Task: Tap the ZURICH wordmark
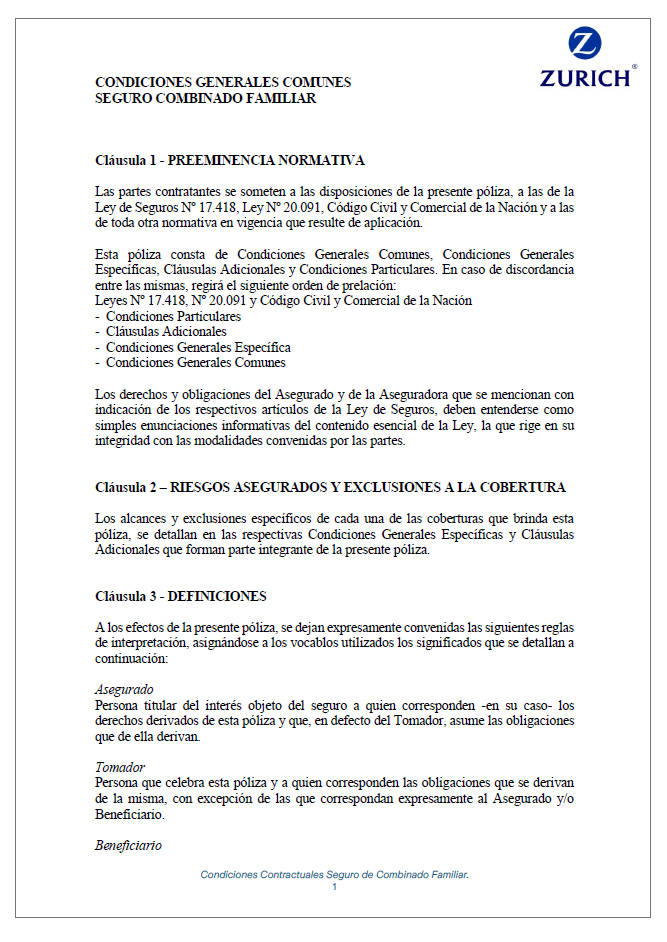[x=586, y=78]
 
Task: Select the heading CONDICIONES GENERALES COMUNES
[x=222, y=83]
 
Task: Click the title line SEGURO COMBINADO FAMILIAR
[x=205, y=99]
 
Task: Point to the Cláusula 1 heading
[x=229, y=160]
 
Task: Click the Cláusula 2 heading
[x=330, y=487]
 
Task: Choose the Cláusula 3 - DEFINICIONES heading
[x=180, y=597]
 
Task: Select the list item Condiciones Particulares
[x=173, y=316]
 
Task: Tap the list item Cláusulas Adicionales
[x=166, y=331]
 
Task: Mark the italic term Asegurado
[x=124, y=689]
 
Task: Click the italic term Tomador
[x=120, y=766]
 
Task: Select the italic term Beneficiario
[x=128, y=845]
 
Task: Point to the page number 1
[x=334, y=887]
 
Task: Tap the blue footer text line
[x=334, y=874]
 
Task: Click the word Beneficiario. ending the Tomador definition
[x=130, y=815]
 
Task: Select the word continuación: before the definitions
[x=132, y=659]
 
